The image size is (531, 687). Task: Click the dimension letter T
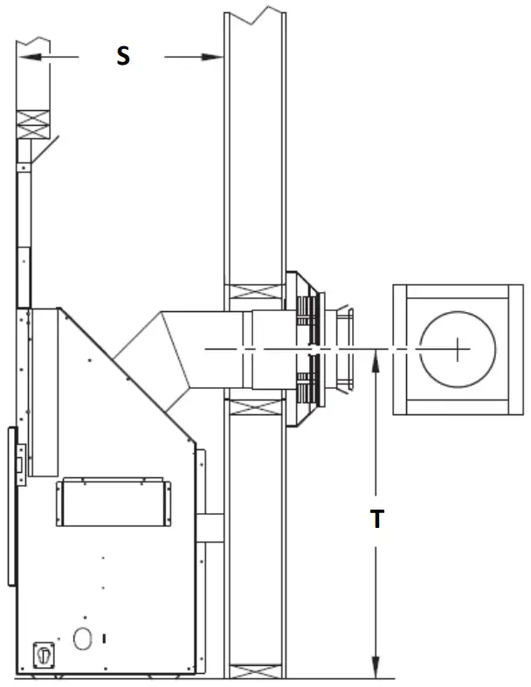click(376, 519)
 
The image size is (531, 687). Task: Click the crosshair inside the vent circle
click(458, 350)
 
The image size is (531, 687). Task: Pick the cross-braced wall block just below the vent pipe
click(254, 406)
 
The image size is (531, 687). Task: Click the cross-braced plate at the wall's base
click(254, 671)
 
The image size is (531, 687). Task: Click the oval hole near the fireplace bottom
click(81, 640)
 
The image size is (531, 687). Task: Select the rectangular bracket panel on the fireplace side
click(110, 503)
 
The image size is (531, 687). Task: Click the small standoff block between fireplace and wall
click(210, 528)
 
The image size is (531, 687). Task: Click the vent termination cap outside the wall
click(340, 350)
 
